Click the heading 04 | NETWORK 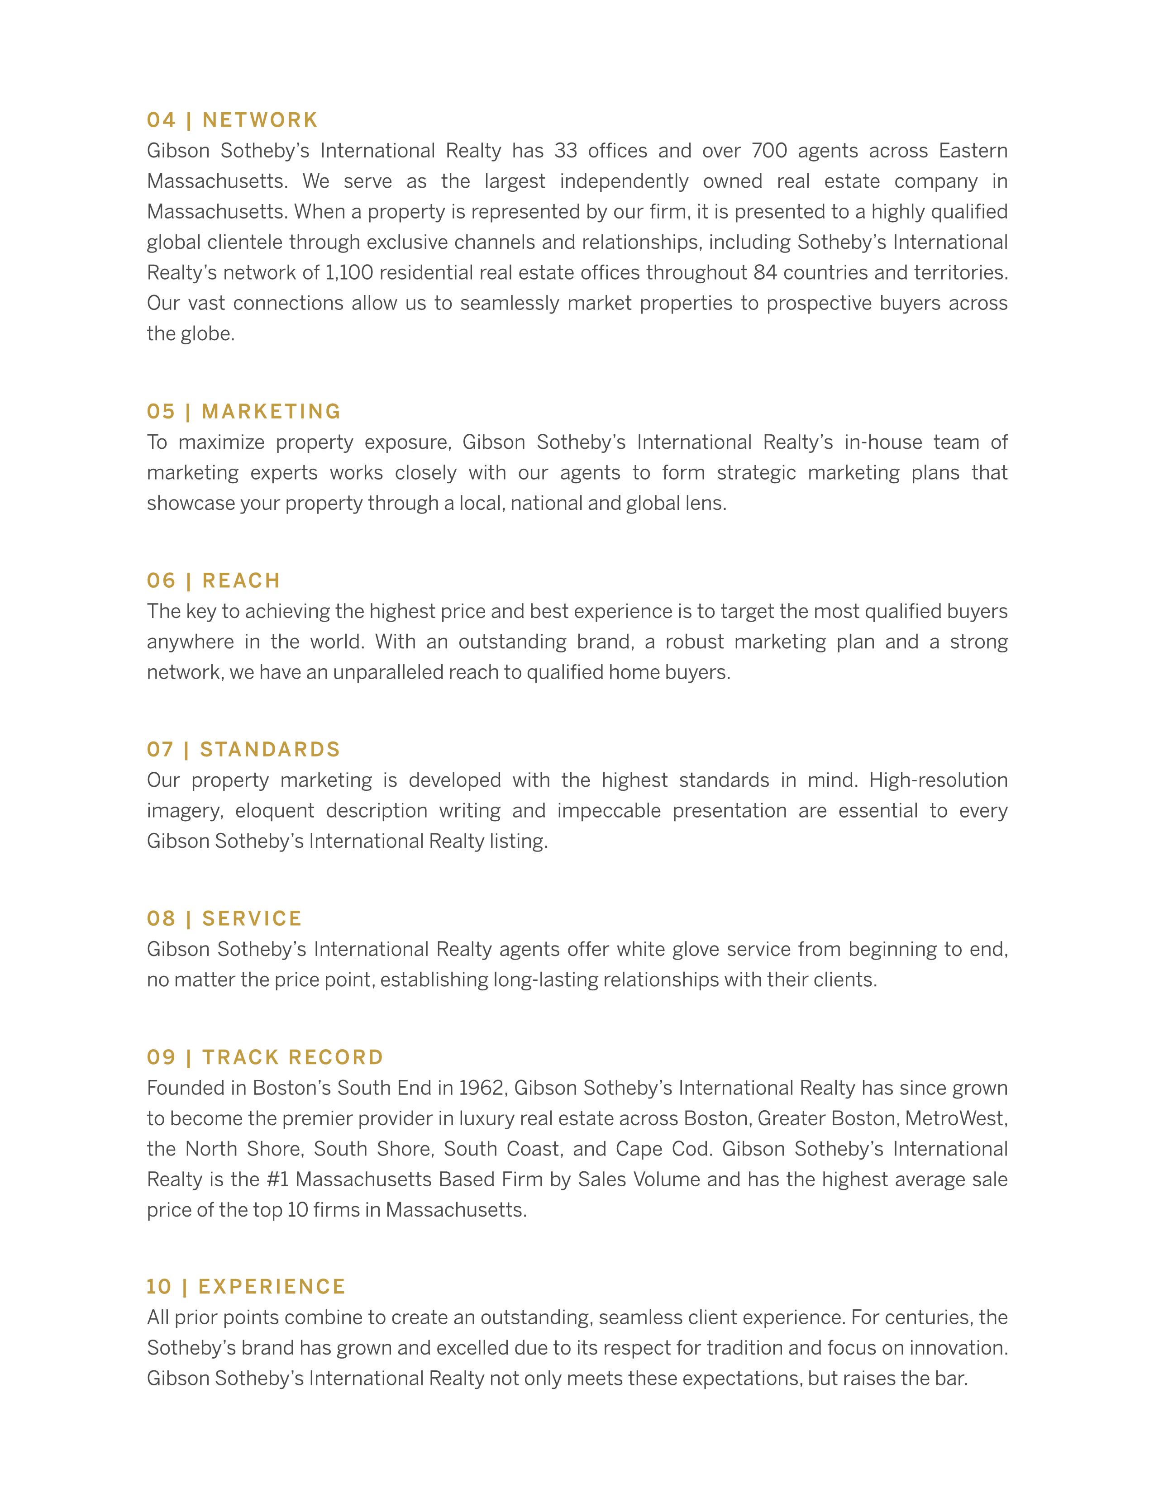coord(233,120)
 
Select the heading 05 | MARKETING coord(243,412)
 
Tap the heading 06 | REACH coord(213,580)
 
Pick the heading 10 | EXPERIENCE coord(246,1287)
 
